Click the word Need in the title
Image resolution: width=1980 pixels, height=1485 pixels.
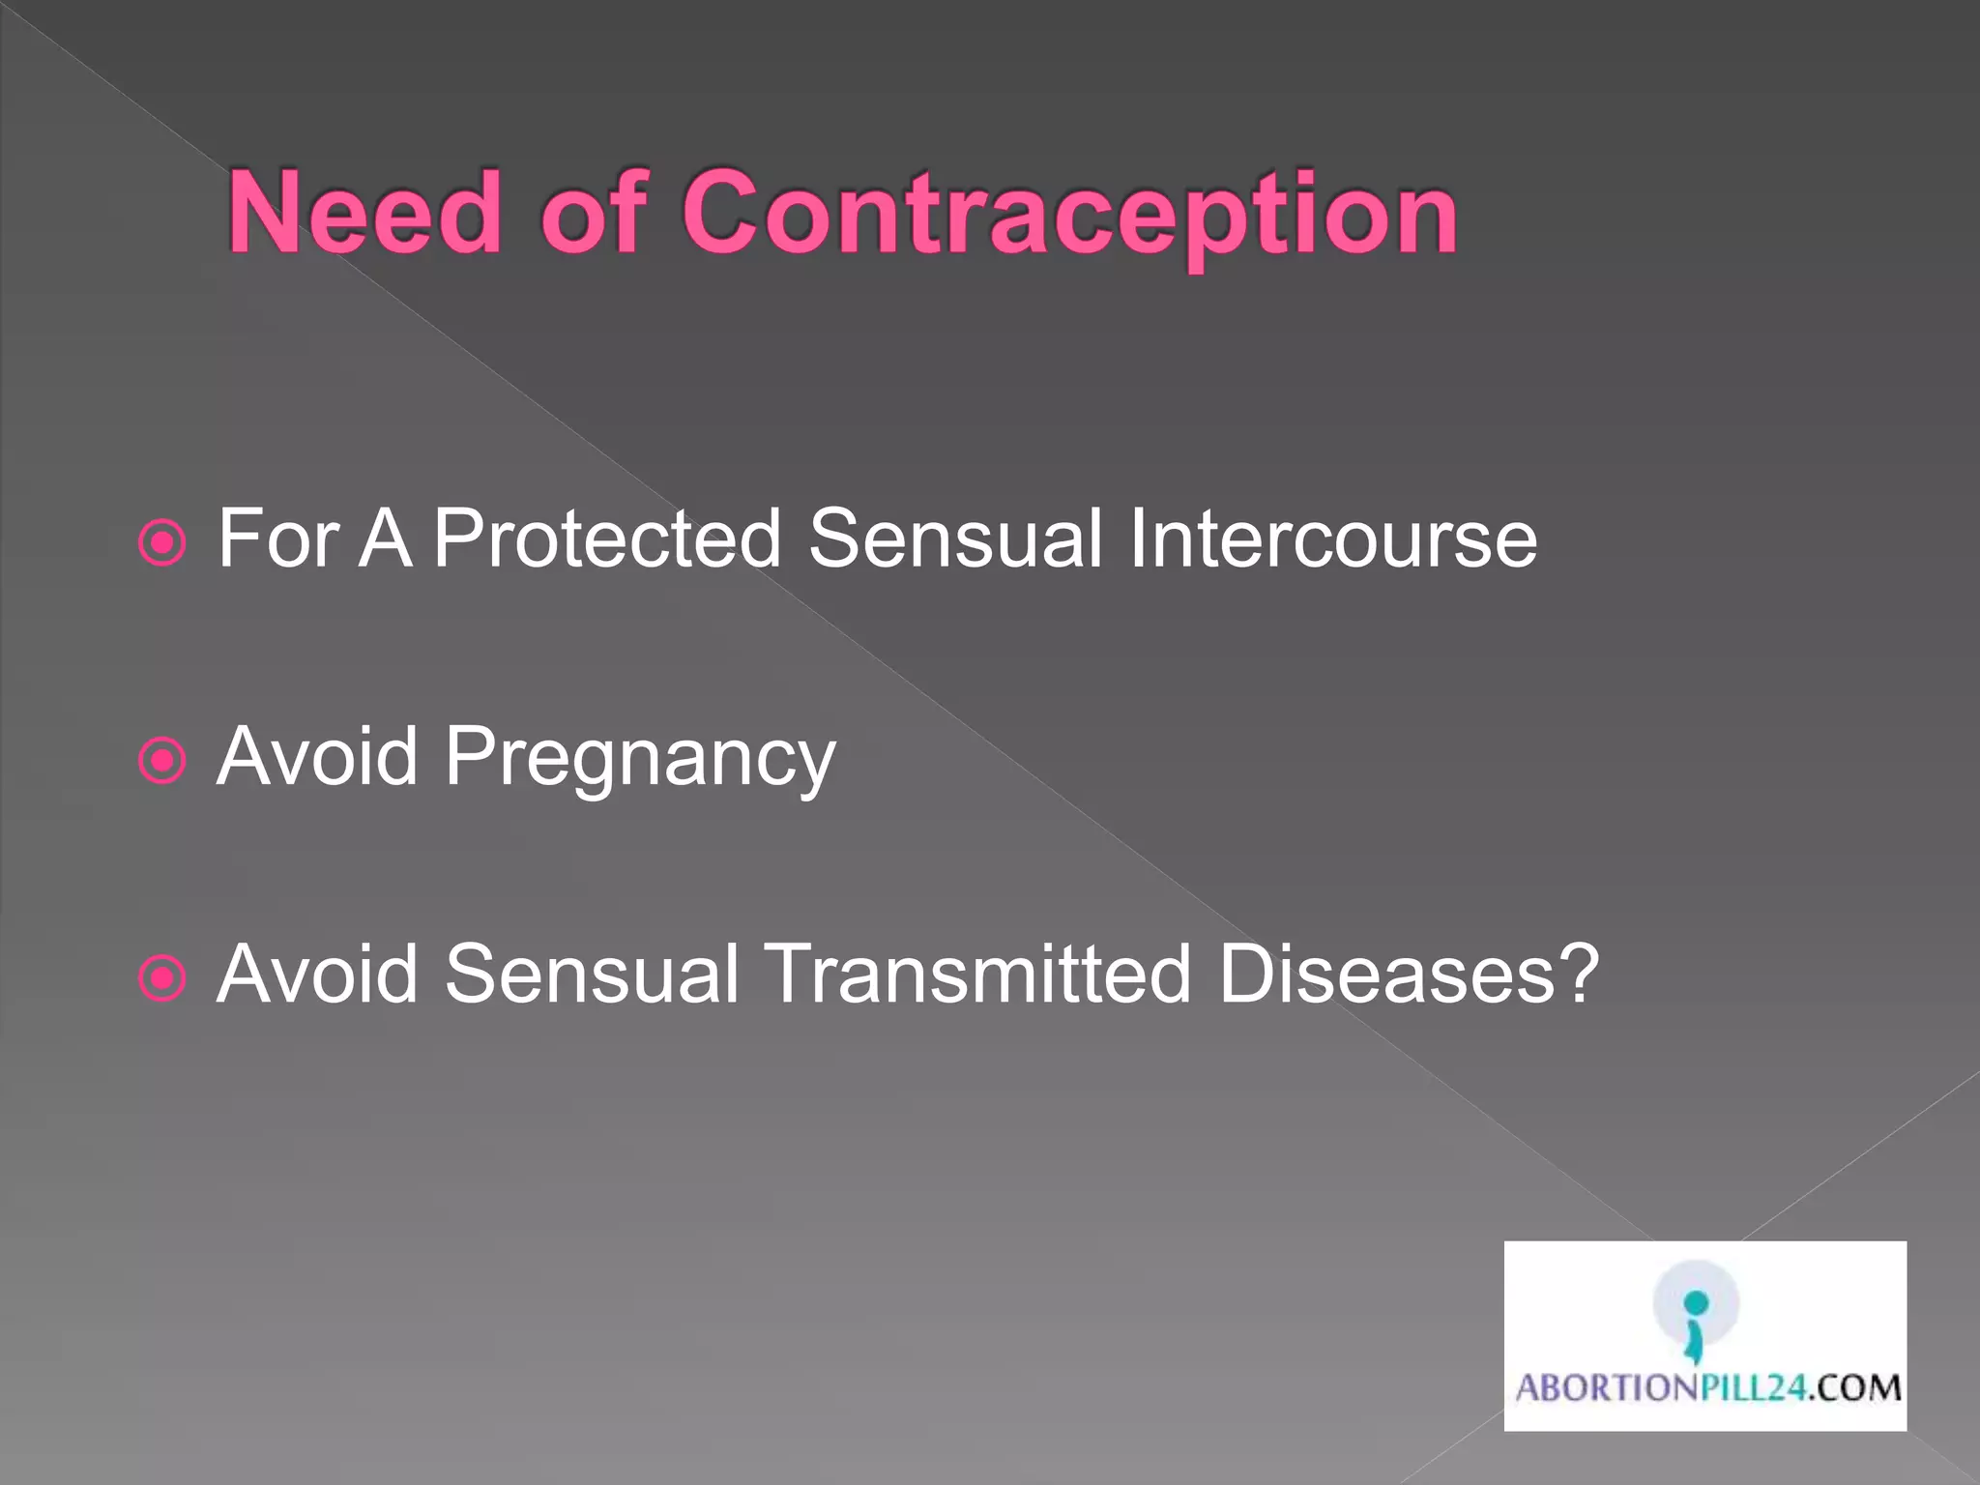364,212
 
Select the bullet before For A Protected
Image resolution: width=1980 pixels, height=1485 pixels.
161,542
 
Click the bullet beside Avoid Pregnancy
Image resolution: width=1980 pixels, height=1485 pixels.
161,761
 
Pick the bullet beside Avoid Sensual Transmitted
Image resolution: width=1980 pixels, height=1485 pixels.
161,978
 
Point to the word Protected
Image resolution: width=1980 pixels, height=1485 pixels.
606,538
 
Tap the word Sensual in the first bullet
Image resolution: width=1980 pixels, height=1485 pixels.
955,538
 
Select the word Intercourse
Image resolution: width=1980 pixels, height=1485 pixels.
1332,538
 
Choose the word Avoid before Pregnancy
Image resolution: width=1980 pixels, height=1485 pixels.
317,755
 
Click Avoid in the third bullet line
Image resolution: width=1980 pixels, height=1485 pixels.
317,973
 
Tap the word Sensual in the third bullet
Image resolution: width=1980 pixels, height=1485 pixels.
592,973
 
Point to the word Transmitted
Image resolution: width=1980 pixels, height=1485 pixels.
977,973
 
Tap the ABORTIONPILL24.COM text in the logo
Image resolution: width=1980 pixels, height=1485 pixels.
1707,1388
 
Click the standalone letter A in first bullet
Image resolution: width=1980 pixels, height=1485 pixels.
385,538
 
